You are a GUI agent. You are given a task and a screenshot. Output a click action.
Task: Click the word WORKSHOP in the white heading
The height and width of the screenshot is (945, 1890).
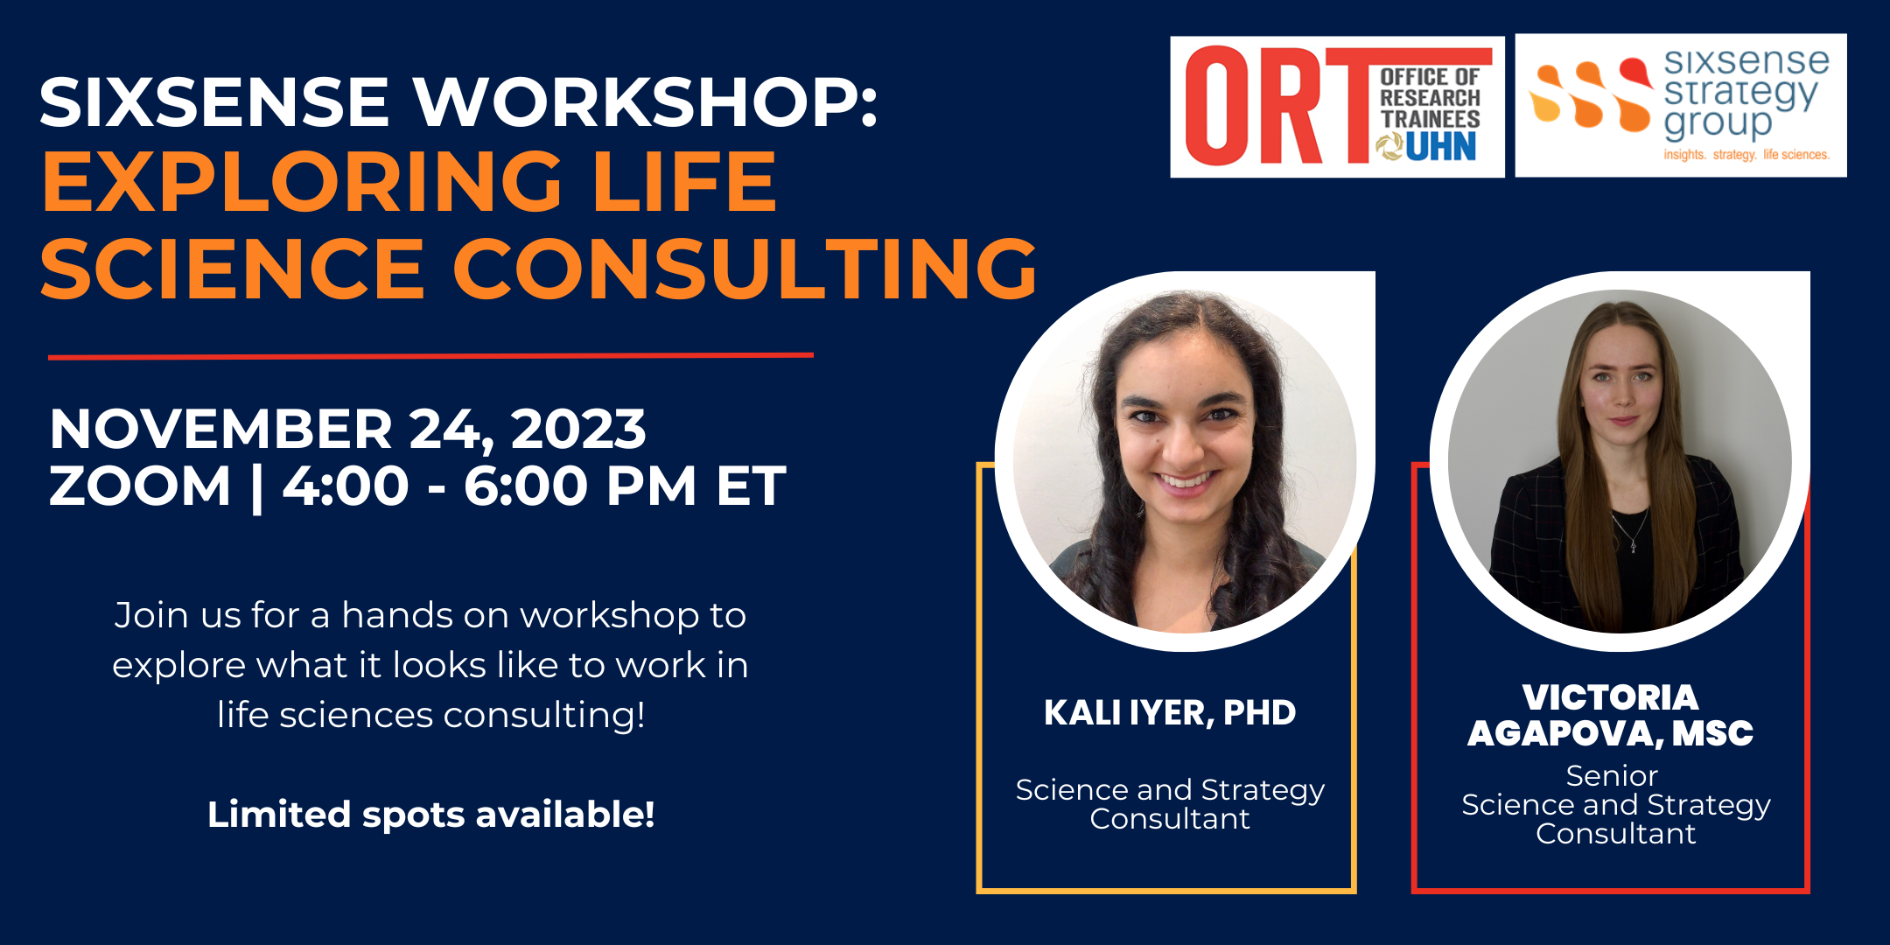[646, 102]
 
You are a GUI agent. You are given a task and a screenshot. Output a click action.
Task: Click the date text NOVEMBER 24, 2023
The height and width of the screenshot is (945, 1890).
[347, 429]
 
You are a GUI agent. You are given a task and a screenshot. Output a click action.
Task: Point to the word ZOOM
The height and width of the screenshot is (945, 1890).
[140, 486]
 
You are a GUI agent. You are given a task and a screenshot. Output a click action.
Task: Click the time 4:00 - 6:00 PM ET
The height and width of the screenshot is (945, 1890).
[534, 486]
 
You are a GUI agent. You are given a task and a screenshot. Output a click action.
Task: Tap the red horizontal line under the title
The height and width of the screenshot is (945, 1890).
[430, 356]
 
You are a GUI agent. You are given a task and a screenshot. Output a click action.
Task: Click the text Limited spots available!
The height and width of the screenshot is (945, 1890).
[430, 815]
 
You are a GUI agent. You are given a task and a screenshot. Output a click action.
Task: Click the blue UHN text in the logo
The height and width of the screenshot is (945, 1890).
[1441, 146]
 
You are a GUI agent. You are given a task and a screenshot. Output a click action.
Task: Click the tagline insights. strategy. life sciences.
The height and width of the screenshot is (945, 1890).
[1746, 155]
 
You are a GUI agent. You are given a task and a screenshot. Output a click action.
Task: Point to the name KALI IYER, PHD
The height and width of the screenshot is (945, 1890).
[1170, 713]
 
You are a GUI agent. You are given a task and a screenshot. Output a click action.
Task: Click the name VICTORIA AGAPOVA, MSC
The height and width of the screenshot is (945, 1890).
[1611, 716]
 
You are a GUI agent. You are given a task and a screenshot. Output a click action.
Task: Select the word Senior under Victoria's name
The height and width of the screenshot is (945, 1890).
[1612, 776]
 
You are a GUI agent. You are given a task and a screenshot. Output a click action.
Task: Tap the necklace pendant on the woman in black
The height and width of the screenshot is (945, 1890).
[1633, 547]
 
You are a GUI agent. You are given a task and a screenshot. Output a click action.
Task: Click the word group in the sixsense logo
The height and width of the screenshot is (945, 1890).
[1718, 123]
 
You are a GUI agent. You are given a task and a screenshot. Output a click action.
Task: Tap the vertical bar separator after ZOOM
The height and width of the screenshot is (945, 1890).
[256, 487]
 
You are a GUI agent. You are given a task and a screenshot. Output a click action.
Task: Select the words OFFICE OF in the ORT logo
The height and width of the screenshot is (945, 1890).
[1430, 78]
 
